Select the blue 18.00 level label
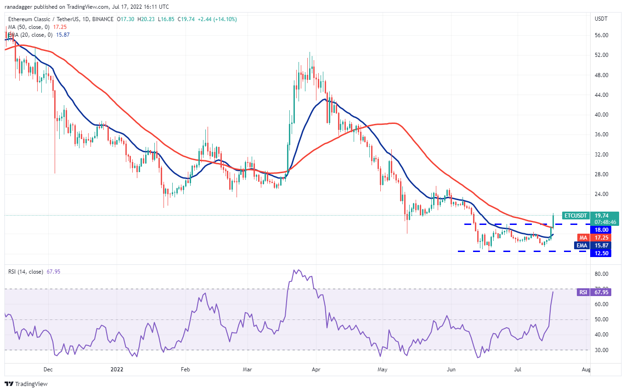[x=602, y=230]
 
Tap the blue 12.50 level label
[x=602, y=253]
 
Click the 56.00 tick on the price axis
[x=602, y=35]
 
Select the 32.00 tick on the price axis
[x=602, y=155]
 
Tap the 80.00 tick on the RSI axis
[x=602, y=274]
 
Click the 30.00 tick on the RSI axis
[x=602, y=350]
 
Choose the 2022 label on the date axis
[x=117, y=369]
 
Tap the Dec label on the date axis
[x=48, y=369]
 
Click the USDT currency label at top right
[x=602, y=19]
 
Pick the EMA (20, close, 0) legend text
[x=32, y=34]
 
